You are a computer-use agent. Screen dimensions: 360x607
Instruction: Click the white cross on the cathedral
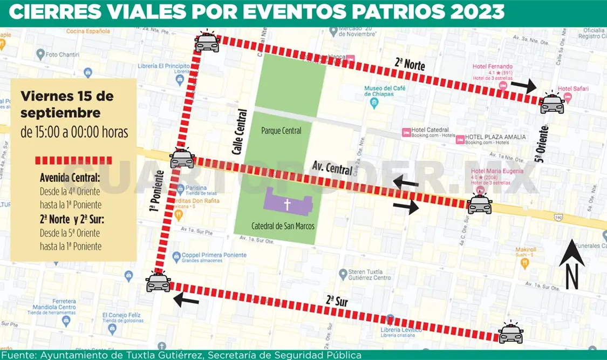click(x=288, y=205)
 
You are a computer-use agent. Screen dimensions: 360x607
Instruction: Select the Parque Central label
click(x=281, y=131)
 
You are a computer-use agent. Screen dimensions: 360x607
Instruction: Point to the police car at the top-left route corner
click(x=207, y=42)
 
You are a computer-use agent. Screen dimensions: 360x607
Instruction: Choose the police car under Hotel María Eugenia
click(x=479, y=203)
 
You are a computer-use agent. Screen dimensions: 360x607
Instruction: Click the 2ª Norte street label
click(x=410, y=64)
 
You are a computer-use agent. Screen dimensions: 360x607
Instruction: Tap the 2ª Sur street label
click(x=336, y=301)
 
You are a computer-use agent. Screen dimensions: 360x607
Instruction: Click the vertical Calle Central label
click(x=239, y=132)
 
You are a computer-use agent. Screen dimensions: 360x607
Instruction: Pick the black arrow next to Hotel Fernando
click(x=524, y=85)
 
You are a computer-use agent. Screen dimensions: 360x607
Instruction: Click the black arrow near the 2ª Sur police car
click(x=186, y=299)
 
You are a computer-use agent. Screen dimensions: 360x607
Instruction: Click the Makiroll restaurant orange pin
click(x=524, y=263)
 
